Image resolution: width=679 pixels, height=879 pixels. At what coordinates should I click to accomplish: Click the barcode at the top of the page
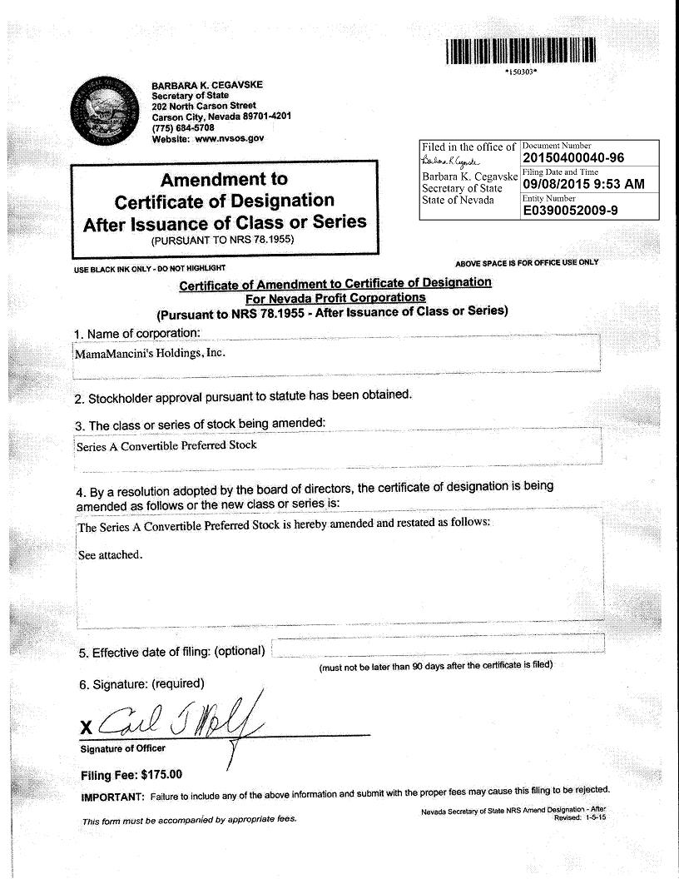(521, 52)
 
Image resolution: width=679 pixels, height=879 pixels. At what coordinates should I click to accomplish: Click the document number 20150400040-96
(573, 158)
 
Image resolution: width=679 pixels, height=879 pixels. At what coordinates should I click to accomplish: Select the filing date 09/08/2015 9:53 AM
(583, 184)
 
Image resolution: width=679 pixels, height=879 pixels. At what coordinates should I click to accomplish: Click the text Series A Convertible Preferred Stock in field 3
(166, 445)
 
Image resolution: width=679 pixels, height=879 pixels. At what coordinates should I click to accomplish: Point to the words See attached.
(110, 555)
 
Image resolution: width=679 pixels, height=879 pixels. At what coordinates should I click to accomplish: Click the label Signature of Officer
(122, 748)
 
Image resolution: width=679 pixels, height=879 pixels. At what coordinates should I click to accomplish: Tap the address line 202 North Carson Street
(203, 106)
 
